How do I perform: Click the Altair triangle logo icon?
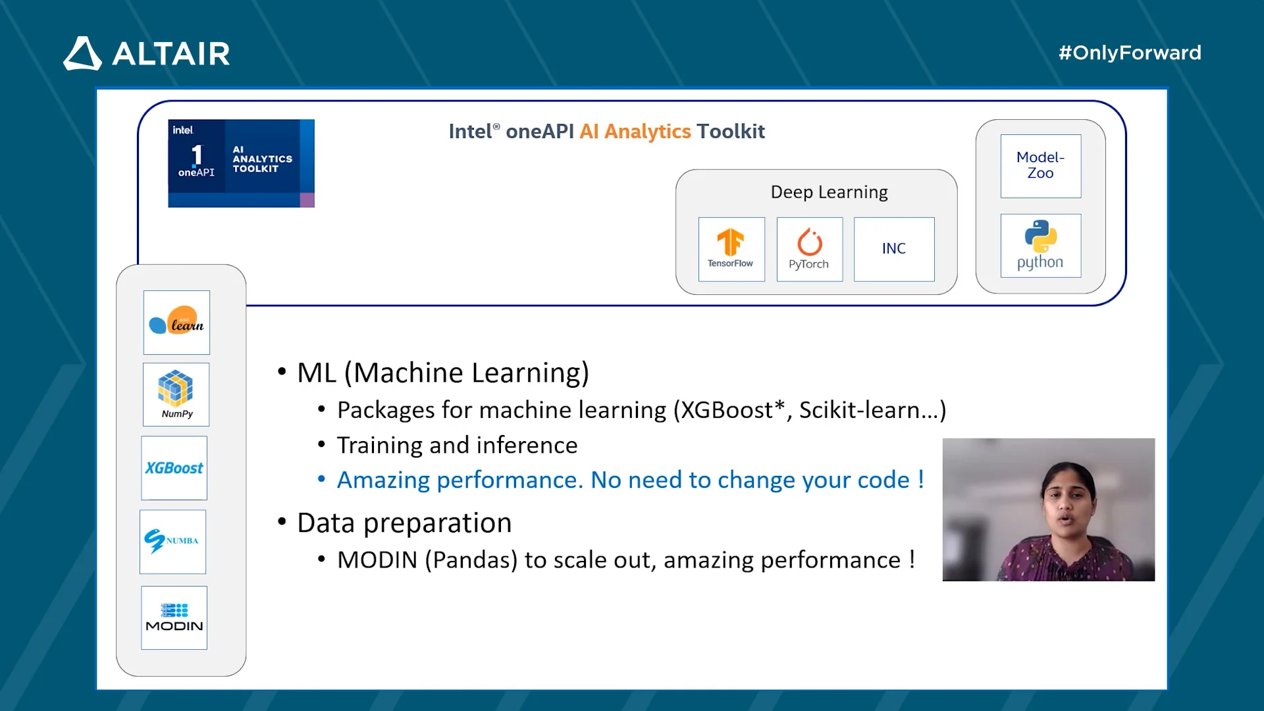(x=83, y=53)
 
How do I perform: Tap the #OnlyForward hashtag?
(x=1130, y=53)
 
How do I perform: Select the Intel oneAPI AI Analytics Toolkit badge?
(x=241, y=163)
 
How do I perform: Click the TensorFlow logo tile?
(x=731, y=250)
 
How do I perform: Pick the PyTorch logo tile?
(x=810, y=250)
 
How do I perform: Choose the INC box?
(x=894, y=250)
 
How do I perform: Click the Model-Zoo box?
(x=1041, y=166)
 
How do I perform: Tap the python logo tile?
(x=1041, y=246)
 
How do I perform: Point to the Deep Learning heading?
(x=829, y=192)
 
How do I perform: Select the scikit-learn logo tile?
(x=176, y=323)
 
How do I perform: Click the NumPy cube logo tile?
(x=176, y=394)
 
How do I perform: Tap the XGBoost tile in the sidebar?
(x=174, y=468)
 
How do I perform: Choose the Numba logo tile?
(x=172, y=542)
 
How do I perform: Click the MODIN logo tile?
(x=174, y=618)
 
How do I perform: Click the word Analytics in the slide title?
(x=648, y=132)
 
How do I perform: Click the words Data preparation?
(x=404, y=523)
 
